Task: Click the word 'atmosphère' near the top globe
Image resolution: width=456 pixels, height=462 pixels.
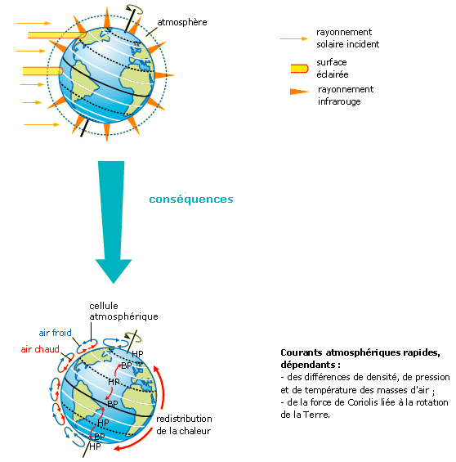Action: tap(182, 22)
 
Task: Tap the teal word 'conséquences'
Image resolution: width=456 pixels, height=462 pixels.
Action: tap(191, 200)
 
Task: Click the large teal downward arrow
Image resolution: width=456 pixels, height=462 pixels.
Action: tap(113, 222)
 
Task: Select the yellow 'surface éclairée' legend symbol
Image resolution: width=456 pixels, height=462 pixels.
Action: tap(299, 69)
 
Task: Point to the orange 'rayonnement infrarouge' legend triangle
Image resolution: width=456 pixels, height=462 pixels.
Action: tap(299, 92)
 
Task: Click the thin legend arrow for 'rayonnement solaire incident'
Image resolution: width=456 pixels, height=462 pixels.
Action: tap(294, 38)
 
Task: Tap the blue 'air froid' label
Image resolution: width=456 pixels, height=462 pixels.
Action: tap(55, 333)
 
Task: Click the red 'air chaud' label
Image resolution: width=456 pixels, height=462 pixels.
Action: tap(40, 349)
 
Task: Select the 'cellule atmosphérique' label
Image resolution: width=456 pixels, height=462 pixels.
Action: tap(123, 312)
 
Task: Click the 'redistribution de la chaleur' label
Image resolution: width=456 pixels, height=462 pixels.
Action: tap(184, 425)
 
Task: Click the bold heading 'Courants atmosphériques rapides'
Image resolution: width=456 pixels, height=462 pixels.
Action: tap(360, 352)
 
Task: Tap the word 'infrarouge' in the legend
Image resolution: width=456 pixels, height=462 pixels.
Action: tap(339, 101)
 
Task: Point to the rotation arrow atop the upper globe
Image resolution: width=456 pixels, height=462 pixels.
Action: tap(135, 9)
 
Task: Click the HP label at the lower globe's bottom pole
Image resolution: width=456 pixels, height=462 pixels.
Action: tap(95, 446)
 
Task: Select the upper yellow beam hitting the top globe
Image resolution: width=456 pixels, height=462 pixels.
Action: tap(57, 35)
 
